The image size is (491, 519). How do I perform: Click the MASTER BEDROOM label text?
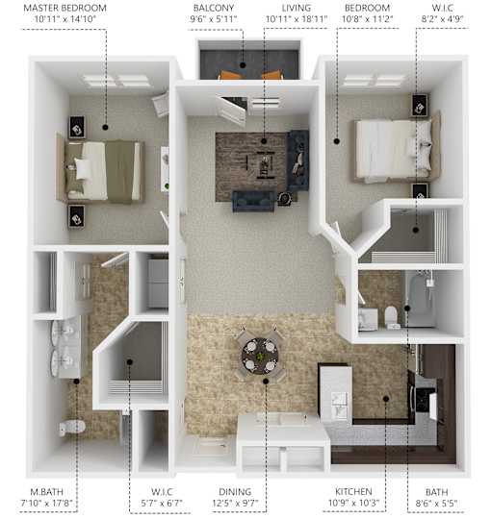pyautogui.click(x=65, y=8)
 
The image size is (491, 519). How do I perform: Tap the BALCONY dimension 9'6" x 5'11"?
pyautogui.click(x=214, y=19)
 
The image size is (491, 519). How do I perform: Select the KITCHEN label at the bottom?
pyautogui.click(x=353, y=491)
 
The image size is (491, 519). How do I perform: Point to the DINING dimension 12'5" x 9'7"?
pyautogui.click(x=235, y=503)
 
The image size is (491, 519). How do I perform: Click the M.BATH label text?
pyautogui.click(x=47, y=492)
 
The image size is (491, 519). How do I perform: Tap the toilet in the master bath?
pyautogui.click(x=72, y=428)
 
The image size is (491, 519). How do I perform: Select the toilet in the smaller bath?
pyautogui.click(x=391, y=315)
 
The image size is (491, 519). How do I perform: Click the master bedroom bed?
pyautogui.click(x=101, y=171)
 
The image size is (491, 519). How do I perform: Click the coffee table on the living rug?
pyautogui.click(x=265, y=164)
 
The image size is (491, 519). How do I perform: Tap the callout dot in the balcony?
pyautogui.click(x=243, y=65)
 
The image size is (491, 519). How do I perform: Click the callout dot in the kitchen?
pyautogui.click(x=386, y=399)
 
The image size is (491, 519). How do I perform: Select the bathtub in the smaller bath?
pyautogui.click(x=420, y=300)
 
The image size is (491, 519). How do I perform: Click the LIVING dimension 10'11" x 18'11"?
pyautogui.click(x=297, y=19)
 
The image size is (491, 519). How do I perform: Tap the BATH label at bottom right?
pyautogui.click(x=437, y=492)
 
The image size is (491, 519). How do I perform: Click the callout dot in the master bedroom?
pyautogui.click(x=106, y=127)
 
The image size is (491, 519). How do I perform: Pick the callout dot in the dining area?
pyautogui.click(x=266, y=382)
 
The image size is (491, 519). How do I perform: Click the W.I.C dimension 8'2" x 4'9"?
pyautogui.click(x=442, y=19)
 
